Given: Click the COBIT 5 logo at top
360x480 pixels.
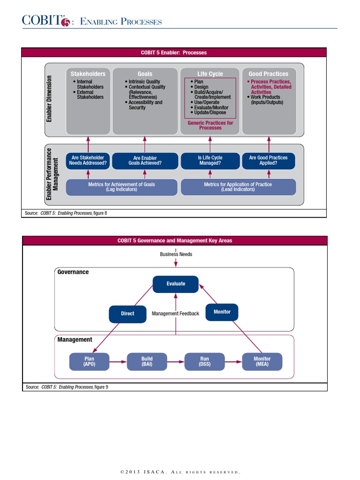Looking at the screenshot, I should point(46,21).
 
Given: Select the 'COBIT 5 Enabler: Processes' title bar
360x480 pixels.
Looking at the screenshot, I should point(174,52).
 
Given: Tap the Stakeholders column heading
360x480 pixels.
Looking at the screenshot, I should point(88,74).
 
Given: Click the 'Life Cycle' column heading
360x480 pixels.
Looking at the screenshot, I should point(210,74).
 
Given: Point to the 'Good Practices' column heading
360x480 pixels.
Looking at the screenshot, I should point(269,74).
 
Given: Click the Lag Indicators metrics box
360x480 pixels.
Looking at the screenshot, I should point(121,187).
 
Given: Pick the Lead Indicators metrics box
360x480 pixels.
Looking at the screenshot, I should point(238,187).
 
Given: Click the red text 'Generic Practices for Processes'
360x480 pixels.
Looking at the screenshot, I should point(210,125).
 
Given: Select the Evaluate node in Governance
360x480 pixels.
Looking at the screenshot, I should point(176,284).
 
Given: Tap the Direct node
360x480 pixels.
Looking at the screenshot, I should point(127,314).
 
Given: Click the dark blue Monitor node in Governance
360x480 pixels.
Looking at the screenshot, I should point(222,312).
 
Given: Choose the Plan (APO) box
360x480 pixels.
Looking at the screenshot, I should point(89,361).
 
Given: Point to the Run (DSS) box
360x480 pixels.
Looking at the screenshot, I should point(204,361).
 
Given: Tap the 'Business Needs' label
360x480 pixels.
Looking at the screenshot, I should point(176,254).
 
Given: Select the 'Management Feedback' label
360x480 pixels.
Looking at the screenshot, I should point(175,314).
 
